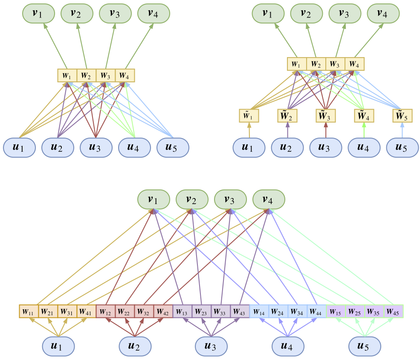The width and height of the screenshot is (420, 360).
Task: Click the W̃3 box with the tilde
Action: [326, 116]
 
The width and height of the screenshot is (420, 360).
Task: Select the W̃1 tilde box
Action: [249, 116]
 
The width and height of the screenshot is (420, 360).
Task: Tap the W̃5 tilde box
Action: [403, 116]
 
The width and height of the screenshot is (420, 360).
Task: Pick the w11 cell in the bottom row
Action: [29, 311]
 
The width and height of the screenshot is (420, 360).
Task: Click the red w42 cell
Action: [163, 311]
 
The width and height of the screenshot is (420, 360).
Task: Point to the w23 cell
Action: [201, 311]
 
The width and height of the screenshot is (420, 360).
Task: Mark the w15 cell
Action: [336, 311]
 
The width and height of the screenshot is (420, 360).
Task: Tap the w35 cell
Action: [374, 311]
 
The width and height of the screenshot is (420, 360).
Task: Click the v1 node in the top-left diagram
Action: [38, 14]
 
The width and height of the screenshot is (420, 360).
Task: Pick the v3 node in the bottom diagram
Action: [230, 199]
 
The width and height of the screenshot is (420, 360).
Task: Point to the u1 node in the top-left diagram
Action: [19, 147]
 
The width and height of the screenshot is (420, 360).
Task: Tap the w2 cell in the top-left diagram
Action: [87, 76]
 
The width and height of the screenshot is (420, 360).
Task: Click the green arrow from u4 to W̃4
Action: [364, 130]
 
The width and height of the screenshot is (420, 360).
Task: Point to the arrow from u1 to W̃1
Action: [249, 130]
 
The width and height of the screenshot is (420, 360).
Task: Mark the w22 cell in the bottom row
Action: [125, 311]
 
